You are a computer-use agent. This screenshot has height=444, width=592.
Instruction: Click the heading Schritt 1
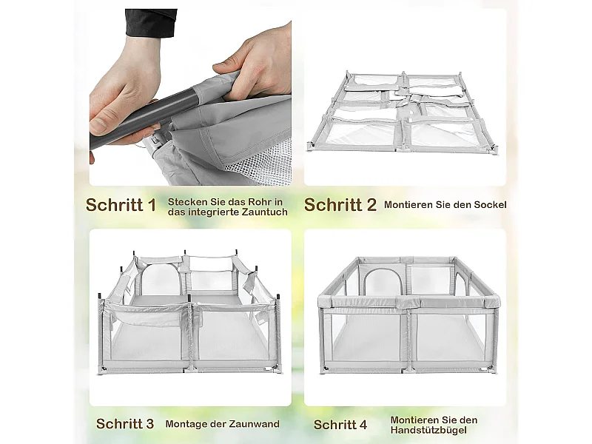point(121,205)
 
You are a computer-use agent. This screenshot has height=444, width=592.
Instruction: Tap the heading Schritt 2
point(340,205)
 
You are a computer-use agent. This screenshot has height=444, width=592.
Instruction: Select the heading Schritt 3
point(125,423)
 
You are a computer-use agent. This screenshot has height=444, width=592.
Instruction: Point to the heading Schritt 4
point(340,424)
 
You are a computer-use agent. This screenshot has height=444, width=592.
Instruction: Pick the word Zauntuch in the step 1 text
point(265,212)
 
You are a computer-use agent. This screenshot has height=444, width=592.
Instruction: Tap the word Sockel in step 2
point(490,205)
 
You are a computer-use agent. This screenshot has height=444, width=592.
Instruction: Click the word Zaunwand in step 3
point(255,424)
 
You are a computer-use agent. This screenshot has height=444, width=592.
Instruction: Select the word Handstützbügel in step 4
point(428,430)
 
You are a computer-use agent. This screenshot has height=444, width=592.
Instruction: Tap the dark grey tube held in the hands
point(144,115)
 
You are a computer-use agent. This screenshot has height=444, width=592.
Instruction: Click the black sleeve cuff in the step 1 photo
point(150,23)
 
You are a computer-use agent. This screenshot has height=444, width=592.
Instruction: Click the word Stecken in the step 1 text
point(183,201)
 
